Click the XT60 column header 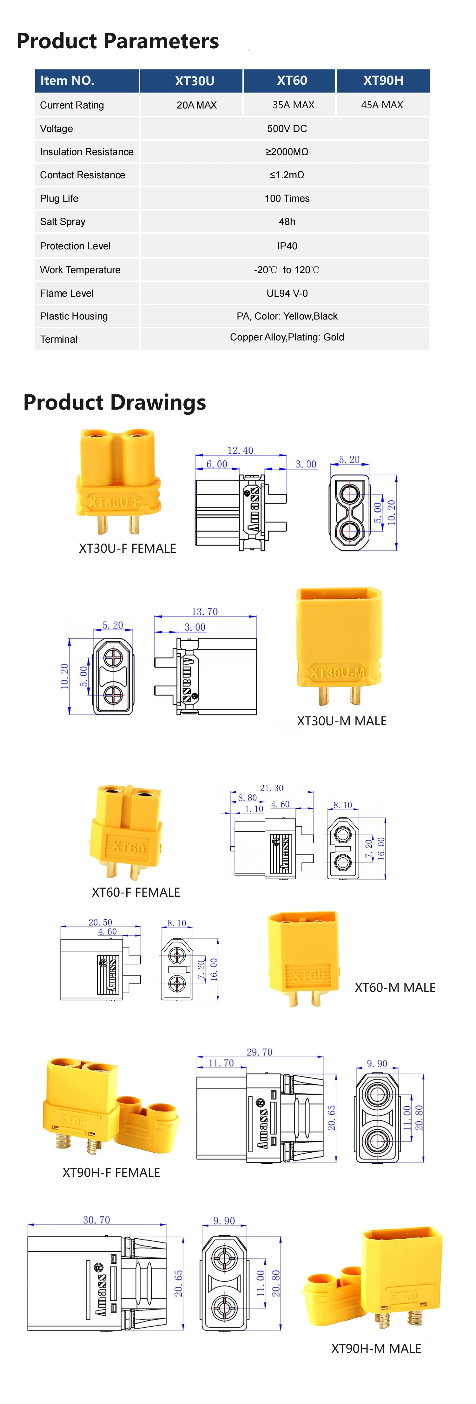tap(292, 81)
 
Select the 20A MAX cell tap(197, 105)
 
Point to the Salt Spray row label tap(63, 222)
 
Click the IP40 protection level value tap(287, 246)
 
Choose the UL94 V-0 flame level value tap(287, 293)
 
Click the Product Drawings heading tap(115, 402)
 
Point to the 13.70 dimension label tap(204, 611)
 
